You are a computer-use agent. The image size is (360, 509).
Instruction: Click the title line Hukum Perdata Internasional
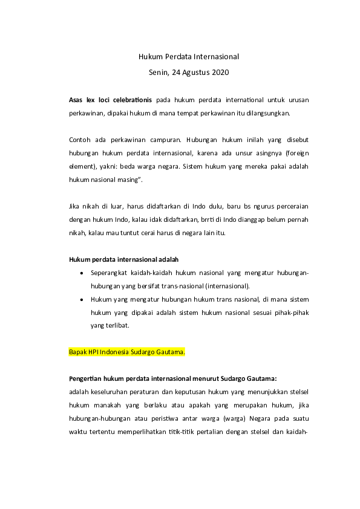tap(189, 57)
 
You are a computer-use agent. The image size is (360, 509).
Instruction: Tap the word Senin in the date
tap(159, 73)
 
